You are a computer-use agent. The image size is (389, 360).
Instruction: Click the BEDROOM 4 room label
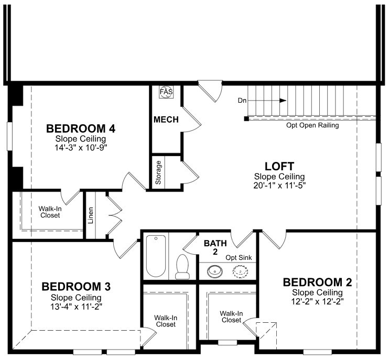pyautogui.click(x=81, y=128)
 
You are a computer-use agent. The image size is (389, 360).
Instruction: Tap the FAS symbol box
pyautogui.click(x=166, y=92)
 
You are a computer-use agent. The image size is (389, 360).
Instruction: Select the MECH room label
pyautogui.click(x=166, y=119)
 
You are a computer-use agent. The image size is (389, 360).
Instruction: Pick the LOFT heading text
pyautogui.click(x=279, y=166)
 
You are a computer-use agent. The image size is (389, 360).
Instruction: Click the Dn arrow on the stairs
pyautogui.click(x=282, y=100)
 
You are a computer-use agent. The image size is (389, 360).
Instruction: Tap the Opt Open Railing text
pyautogui.click(x=312, y=125)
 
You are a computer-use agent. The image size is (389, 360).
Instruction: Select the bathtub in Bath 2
pyautogui.click(x=156, y=256)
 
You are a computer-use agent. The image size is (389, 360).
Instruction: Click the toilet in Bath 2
pyautogui.click(x=183, y=266)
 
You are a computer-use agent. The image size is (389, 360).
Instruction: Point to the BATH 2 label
pyautogui.click(x=214, y=247)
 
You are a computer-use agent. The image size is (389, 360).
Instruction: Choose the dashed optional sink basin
pyautogui.click(x=240, y=271)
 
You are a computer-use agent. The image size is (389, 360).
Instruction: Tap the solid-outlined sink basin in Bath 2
pyautogui.click(x=214, y=271)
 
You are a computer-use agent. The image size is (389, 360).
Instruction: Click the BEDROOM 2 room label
pyautogui.click(x=318, y=283)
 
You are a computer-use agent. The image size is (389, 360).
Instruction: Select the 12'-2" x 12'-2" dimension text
pyautogui.click(x=318, y=301)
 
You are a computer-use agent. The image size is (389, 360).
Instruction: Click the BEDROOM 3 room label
pyautogui.click(x=76, y=287)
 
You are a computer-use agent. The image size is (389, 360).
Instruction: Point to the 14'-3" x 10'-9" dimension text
pyautogui.click(x=81, y=147)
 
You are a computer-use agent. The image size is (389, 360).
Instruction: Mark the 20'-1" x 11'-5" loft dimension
pyautogui.click(x=279, y=185)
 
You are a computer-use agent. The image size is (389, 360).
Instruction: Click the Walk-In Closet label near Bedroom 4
pyautogui.click(x=49, y=212)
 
